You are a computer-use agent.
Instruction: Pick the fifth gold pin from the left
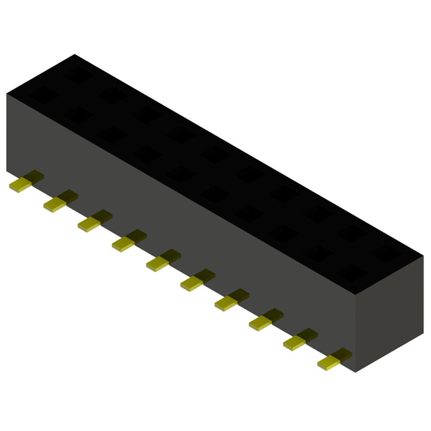161,261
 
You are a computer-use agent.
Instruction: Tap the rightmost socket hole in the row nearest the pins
352,272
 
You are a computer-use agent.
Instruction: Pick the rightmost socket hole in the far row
387,254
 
